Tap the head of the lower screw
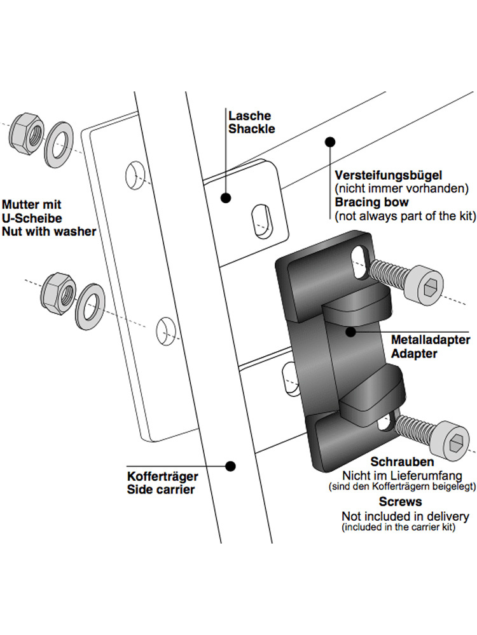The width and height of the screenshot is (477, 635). click(452, 443)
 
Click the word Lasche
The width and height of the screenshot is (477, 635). click(249, 116)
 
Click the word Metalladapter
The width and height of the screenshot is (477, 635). click(431, 342)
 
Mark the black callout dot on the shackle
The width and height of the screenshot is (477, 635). click(225, 198)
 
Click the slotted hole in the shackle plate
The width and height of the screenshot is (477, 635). click(260, 221)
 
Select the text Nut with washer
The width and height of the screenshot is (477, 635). click(49, 231)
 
